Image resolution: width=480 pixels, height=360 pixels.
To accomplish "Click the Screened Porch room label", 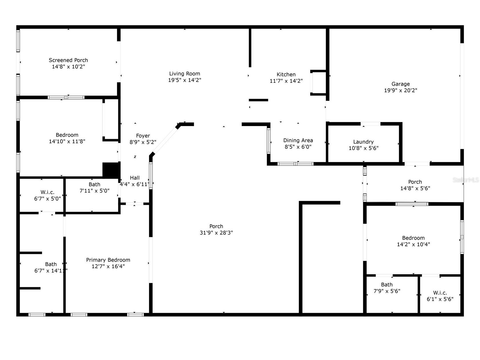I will tap(68, 60).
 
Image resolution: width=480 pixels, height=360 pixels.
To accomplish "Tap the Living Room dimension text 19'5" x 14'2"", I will tap(184, 80).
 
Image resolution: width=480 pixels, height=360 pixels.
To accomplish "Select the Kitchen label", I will tap(286, 74).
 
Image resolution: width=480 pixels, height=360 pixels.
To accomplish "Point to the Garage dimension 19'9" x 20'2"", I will tap(400, 90).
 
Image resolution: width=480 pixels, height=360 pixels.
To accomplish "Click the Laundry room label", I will tap(363, 142).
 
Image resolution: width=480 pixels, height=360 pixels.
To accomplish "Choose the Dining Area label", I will tap(298, 140).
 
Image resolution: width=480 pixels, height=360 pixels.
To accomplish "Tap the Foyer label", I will tap(143, 136).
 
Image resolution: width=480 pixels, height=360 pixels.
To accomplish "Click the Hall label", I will tap(135, 178).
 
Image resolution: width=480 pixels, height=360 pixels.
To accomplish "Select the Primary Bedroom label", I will tap(108, 260).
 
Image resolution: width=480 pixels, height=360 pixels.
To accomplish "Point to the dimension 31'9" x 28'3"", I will tap(216, 233).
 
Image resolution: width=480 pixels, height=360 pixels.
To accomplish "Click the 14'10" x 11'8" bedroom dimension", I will tap(67, 141).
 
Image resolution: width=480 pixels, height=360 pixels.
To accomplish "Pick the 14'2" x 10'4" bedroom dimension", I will tap(413, 244).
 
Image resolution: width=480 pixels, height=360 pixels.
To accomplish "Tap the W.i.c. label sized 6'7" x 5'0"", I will tap(47, 192).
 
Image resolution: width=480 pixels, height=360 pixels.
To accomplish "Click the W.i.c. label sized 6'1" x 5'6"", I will tap(440, 293).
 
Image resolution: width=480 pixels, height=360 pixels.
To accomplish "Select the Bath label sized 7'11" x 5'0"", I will tap(94, 184).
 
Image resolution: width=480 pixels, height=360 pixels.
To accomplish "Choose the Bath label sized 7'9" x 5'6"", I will tap(387, 285).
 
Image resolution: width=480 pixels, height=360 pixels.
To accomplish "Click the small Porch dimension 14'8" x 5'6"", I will tap(415, 188).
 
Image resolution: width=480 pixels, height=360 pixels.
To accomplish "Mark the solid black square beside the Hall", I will tap(111, 170).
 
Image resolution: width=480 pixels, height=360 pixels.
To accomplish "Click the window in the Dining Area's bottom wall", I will tap(296, 164).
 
